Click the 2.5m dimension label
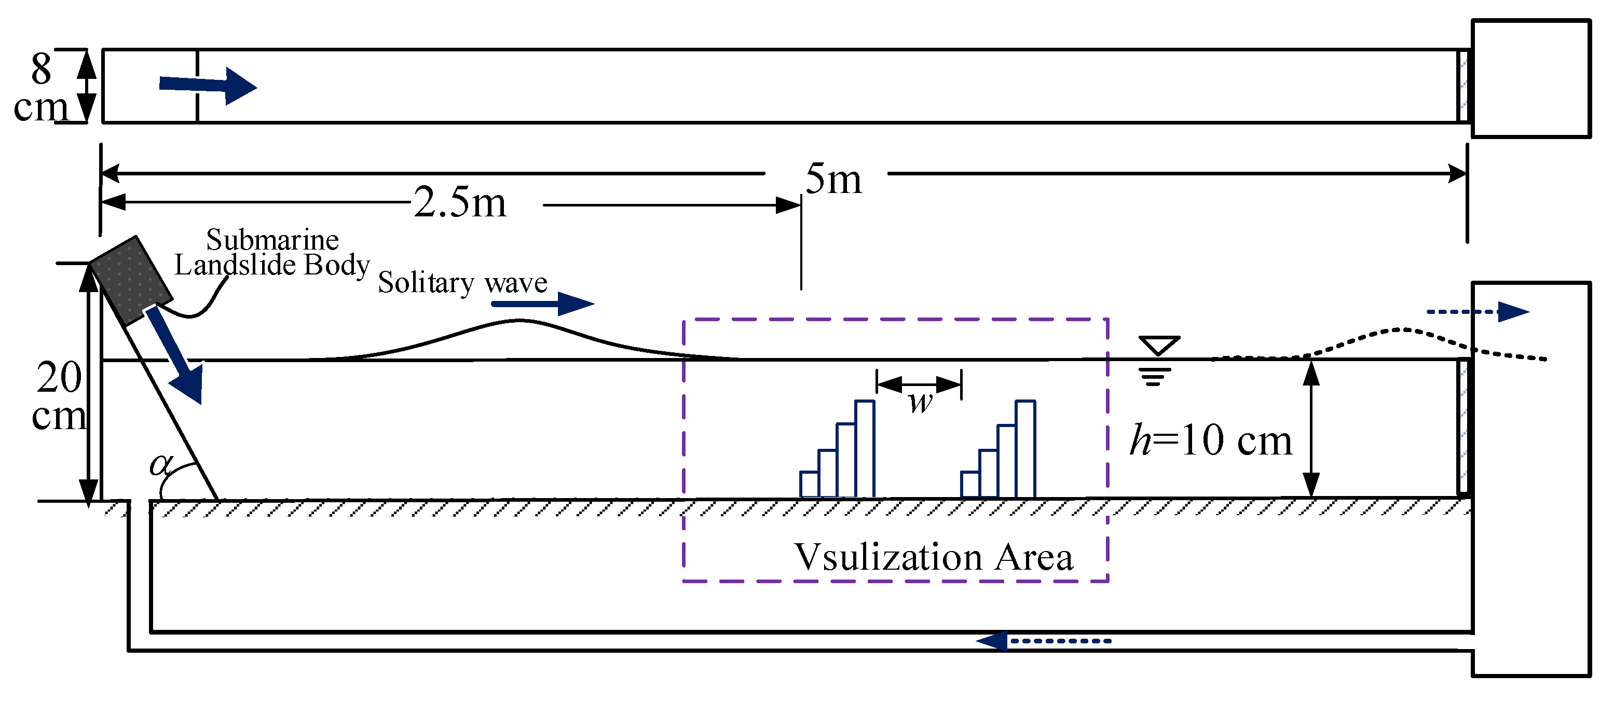(460, 203)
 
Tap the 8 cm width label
(40, 88)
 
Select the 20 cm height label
(58, 396)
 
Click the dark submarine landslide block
(131, 281)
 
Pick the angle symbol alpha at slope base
(160, 464)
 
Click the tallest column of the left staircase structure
(865, 448)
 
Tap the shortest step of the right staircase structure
(969, 484)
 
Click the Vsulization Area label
(933, 557)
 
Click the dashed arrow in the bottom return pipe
(1044, 641)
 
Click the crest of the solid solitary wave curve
(519, 321)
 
